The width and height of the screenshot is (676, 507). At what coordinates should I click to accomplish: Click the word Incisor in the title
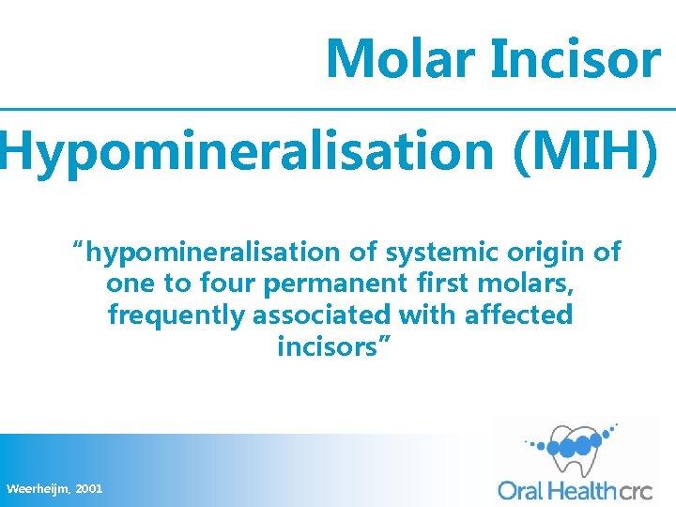575,58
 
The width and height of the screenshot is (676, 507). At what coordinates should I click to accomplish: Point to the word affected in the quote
518,315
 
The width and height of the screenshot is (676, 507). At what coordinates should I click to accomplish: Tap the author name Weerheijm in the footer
38,489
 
